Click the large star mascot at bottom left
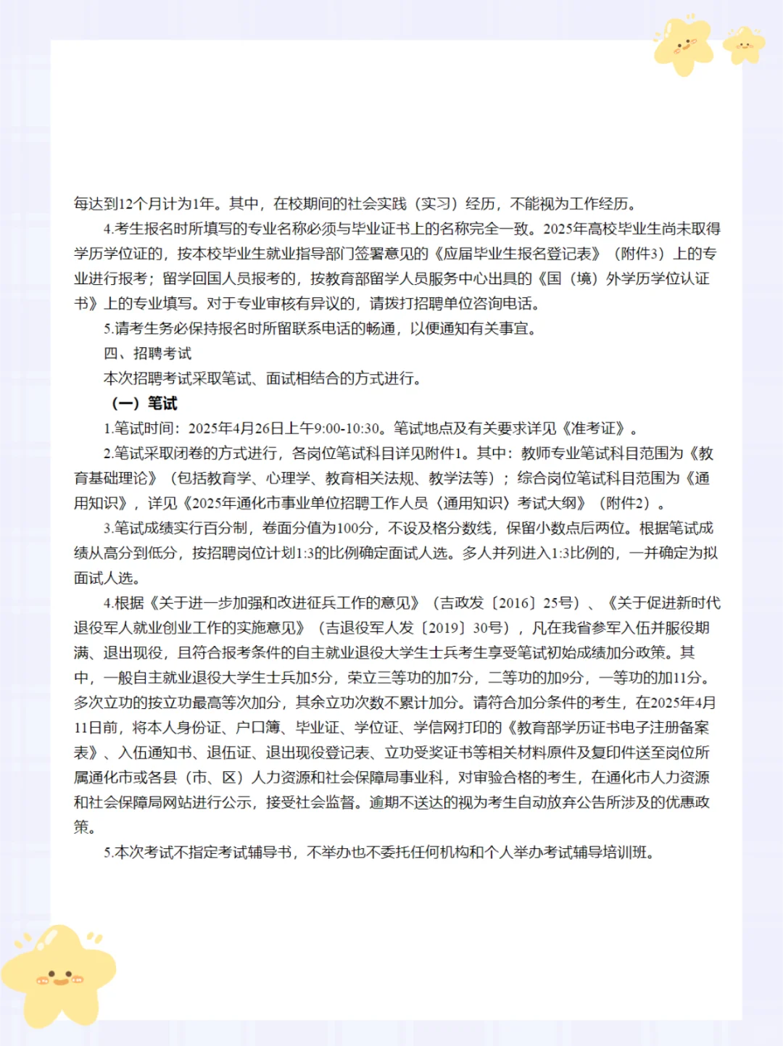[58, 975]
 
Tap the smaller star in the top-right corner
[744, 45]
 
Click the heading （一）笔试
[144, 404]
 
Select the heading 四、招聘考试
[147, 354]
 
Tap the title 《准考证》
[594, 428]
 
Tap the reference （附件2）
[624, 503]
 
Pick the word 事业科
[420, 778]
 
